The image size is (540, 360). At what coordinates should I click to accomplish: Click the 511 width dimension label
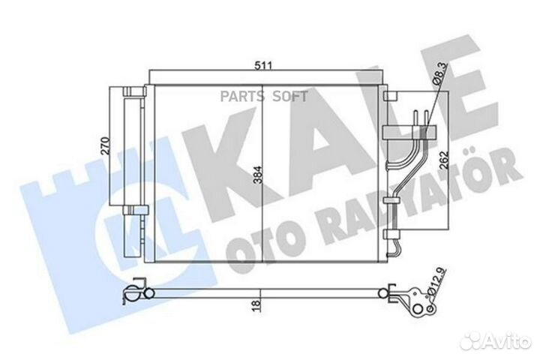click(262, 65)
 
